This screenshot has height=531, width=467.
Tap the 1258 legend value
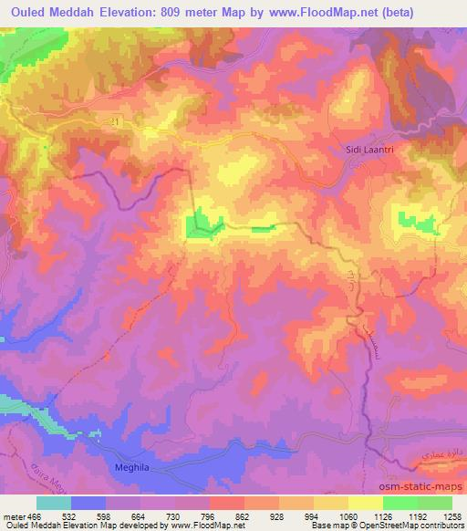tap(451, 517)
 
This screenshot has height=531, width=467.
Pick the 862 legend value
tap(244, 517)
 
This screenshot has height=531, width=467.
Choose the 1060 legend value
tap(347, 517)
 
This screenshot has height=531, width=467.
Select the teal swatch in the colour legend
tap(54, 503)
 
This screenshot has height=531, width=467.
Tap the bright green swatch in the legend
tap(401, 503)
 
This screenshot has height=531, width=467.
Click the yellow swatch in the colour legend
tap(367, 503)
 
